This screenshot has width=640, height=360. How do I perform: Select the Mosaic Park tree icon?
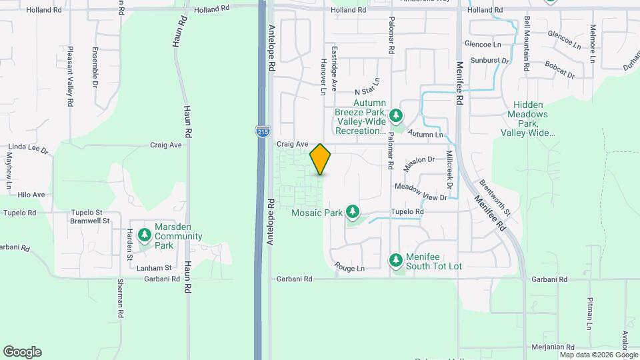(353, 213)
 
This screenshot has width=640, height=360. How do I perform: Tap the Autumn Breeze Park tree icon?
(396, 117)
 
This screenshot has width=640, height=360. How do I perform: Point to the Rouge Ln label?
(350, 269)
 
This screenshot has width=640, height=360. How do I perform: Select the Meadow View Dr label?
(420, 192)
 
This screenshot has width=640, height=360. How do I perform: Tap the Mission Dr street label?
(419, 161)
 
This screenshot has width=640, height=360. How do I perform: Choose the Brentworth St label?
(494, 197)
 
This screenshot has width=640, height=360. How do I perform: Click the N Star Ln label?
(367, 87)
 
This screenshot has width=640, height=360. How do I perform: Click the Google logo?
(22, 352)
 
